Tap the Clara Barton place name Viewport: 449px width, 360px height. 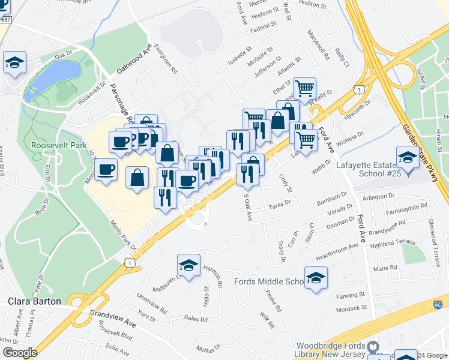tap(34, 301)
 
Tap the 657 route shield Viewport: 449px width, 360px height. tap(5, 20)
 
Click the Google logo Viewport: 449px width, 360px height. tap(20, 353)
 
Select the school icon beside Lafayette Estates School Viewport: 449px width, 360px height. tap(408, 158)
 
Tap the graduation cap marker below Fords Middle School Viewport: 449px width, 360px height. tap(316, 278)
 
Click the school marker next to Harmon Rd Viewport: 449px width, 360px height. tap(188, 265)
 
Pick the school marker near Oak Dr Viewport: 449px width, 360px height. tap(14, 62)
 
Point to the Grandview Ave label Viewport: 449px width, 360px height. tap(112, 317)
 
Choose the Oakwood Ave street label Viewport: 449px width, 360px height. tap(133, 58)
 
